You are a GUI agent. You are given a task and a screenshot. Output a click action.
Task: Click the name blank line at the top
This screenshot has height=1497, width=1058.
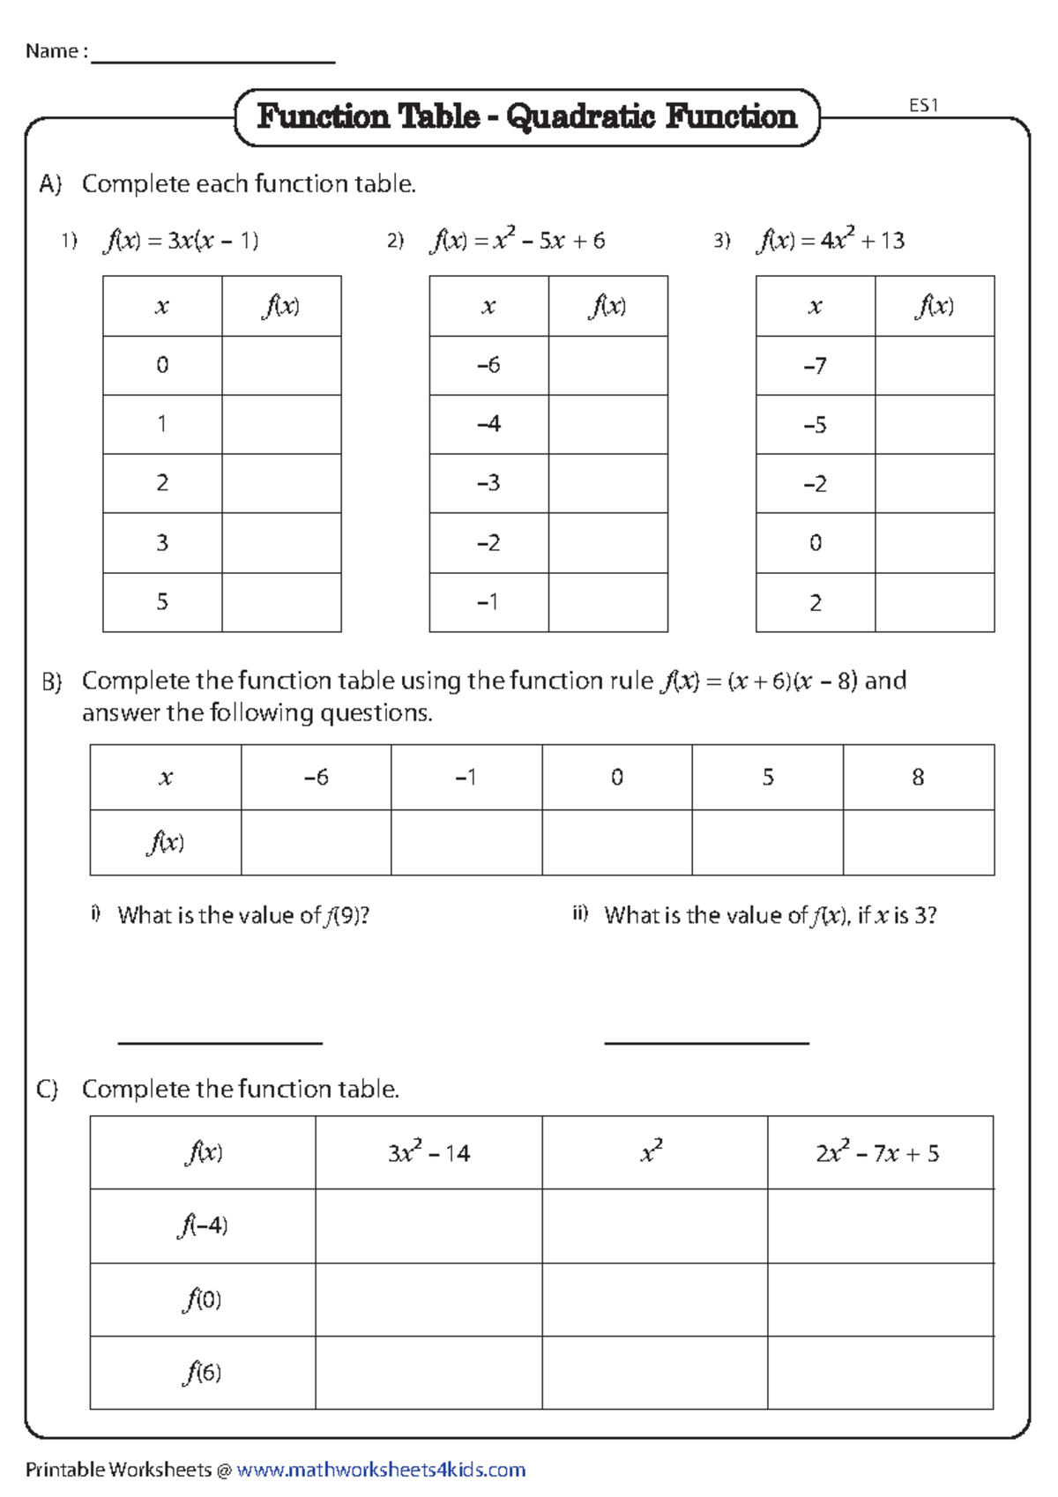tap(212, 60)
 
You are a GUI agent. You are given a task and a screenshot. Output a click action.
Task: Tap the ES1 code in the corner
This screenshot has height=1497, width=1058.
tap(923, 106)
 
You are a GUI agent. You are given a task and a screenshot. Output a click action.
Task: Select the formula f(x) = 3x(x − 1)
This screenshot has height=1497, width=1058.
tap(181, 241)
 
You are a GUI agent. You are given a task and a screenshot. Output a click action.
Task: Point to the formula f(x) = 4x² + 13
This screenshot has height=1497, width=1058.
tap(831, 241)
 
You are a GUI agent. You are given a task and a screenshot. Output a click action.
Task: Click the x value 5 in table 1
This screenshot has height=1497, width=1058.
tap(162, 602)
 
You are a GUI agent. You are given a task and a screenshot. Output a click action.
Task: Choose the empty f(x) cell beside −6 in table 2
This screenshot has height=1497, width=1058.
tap(607, 365)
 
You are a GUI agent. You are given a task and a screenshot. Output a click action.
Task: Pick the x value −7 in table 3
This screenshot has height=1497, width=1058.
tap(815, 366)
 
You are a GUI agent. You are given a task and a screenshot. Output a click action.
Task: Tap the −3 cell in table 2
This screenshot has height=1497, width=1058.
tap(488, 483)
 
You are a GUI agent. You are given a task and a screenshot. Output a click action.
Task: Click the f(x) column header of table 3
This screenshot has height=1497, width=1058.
tap(935, 306)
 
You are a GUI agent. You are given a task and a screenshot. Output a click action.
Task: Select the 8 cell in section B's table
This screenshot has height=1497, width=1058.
tap(918, 777)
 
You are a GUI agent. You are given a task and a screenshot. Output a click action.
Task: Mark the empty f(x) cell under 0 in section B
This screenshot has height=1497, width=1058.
tap(616, 843)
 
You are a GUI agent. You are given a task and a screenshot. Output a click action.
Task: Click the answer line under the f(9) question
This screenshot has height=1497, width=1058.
tap(220, 1042)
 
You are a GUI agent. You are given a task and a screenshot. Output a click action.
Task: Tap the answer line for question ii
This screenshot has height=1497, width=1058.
tap(706, 1042)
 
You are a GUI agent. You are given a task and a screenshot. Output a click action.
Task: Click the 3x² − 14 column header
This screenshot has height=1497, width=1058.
tap(428, 1153)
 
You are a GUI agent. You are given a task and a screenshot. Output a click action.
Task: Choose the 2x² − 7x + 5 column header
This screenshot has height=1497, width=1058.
tap(879, 1153)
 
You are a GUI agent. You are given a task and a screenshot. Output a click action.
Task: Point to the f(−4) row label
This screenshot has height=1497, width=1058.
tap(203, 1225)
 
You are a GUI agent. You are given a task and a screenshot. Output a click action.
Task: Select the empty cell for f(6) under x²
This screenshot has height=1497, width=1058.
tap(654, 1373)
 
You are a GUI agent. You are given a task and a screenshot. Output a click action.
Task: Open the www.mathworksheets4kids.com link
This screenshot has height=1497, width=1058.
tap(381, 1471)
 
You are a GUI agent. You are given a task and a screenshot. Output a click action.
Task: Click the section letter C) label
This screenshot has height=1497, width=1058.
tap(48, 1090)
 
